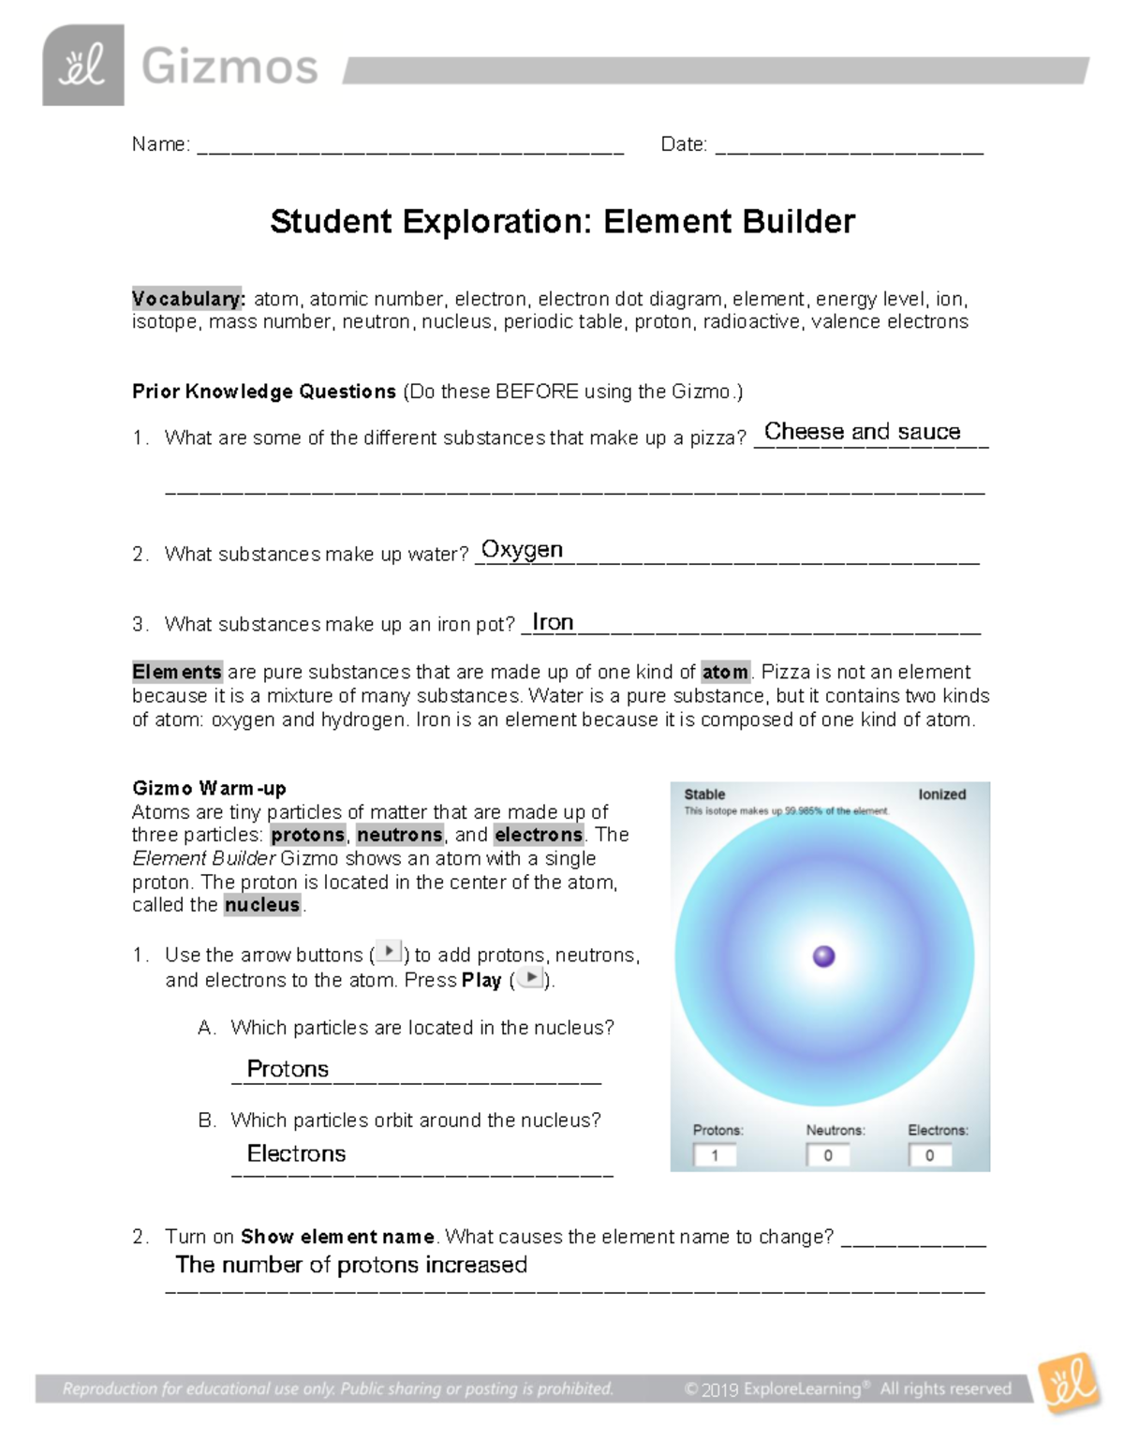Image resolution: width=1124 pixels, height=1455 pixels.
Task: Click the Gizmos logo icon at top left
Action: coord(82,66)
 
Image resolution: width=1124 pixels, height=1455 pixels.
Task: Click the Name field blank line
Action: coord(409,148)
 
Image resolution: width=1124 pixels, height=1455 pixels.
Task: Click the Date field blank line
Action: coord(849,148)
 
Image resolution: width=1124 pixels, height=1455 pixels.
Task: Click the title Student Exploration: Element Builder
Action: coord(562,222)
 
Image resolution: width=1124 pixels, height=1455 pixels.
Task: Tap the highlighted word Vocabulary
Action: coord(187,299)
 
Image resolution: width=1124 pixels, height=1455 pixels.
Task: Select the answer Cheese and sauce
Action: coord(862,432)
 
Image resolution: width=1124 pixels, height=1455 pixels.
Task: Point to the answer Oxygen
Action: coord(522,550)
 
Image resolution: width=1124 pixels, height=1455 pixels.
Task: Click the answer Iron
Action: coord(553,622)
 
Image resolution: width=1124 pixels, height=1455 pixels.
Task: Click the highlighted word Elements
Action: coord(177,672)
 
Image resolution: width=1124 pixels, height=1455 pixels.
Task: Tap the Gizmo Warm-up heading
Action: coord(209,788)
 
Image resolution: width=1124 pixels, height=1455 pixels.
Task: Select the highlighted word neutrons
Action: coord(399,835)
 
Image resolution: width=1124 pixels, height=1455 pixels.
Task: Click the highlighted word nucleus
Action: coord(262,905)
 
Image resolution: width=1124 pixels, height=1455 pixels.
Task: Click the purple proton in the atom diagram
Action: coord(823,956)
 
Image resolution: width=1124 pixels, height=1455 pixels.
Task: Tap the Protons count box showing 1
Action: coord(715,1155)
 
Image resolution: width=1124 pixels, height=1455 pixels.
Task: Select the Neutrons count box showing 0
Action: coord(828,1155)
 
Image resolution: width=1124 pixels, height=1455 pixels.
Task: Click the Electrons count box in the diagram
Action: coord(930,1155)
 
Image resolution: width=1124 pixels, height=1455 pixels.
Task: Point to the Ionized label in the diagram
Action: coord(941,794)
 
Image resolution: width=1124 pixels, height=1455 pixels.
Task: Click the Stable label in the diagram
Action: coord(704,794)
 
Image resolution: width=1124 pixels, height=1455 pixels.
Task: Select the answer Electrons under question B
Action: coord(296,1153)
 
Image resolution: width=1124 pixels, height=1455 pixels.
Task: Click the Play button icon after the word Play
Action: coord(530,978)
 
